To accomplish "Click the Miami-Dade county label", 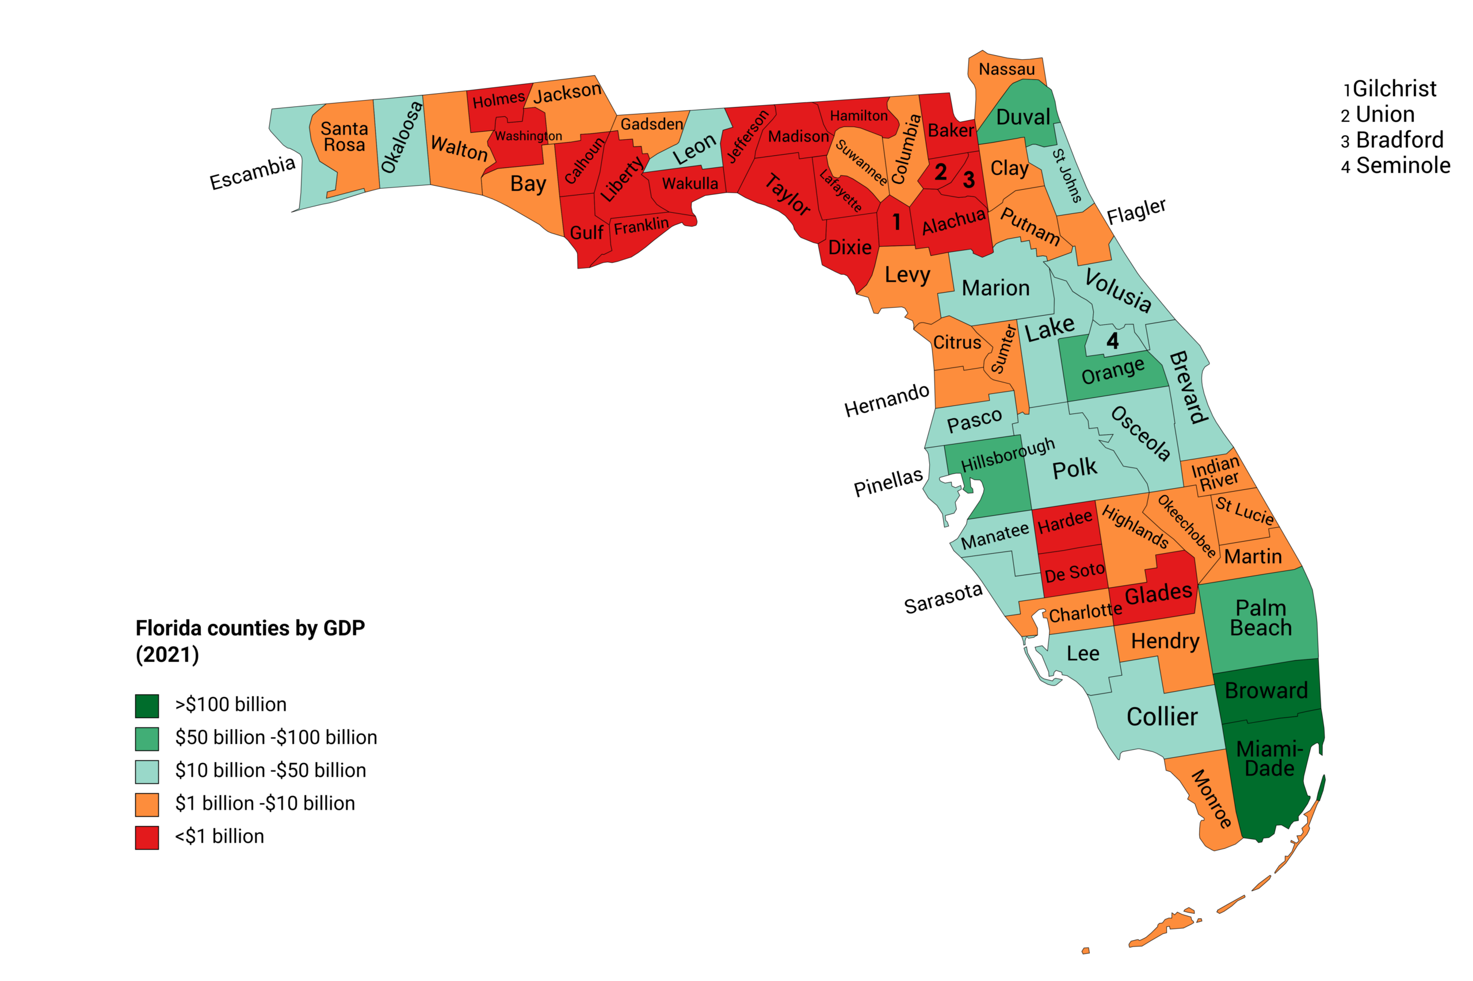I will coord(1268,758).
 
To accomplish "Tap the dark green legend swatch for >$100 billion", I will coord(147,706).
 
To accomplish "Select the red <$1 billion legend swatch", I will coord(147,837).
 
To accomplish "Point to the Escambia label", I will coord(252,173).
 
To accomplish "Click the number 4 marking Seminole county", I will coord(1112,341).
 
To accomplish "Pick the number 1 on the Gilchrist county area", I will coord(896,222).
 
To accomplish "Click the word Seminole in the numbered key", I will coord(1403,166).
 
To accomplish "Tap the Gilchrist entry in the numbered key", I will coord(1394,89).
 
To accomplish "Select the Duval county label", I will coord(1023,117).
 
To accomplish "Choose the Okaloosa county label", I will coord(402,137).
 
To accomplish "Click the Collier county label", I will coord(1162,717).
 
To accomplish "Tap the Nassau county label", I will coord(1006,69).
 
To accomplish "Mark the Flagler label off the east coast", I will coord(1136,212).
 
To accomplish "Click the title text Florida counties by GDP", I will coord(250,627).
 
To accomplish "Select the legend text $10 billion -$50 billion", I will coord(270,770).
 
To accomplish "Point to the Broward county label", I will coord(1266,691).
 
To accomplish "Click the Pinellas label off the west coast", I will coord(888,482).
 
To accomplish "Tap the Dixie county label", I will coord(849,248).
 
